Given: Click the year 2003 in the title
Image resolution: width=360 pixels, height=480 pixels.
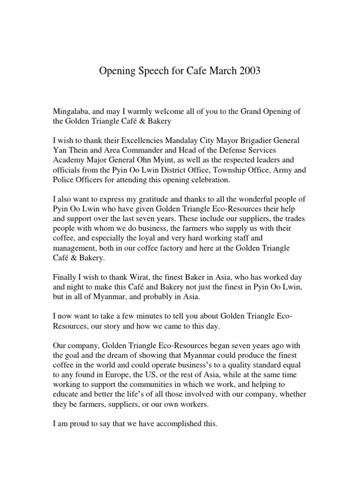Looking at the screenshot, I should pyautogui.click(x=247, y=72).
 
